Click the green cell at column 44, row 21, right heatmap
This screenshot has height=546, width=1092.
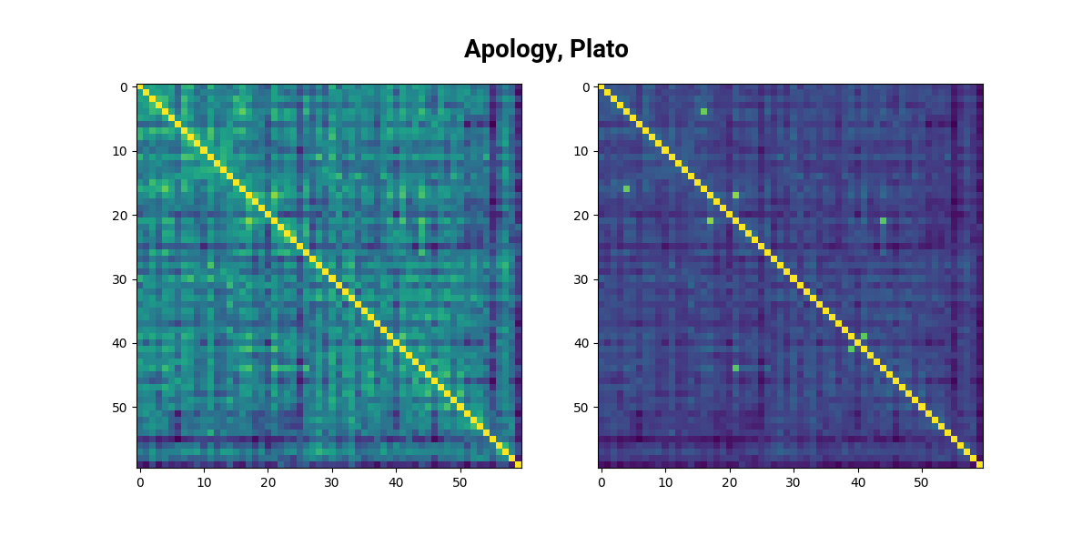(x=883, y=221)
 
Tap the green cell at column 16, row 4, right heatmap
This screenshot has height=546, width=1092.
(x=703, y=112)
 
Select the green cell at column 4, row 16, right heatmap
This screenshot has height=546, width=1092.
(x=627, y=189)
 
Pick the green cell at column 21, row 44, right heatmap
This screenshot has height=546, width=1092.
(x=735, y=369)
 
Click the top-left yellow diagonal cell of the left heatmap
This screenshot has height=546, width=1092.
(x=140, y=87)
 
